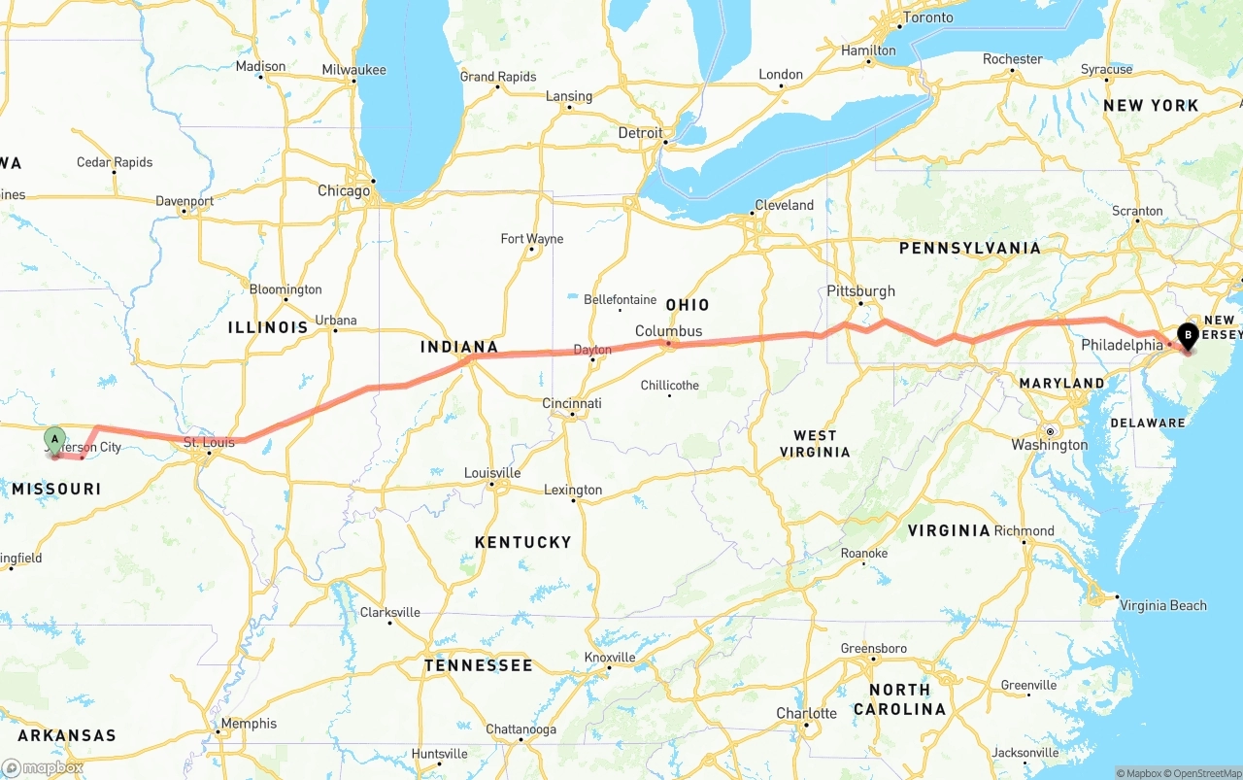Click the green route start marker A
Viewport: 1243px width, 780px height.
(55, 440)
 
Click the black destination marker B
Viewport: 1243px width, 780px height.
(1187, 336)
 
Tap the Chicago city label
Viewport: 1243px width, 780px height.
(344, 190)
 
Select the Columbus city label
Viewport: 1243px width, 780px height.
(668, 331)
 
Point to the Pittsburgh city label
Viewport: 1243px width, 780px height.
(860, 291)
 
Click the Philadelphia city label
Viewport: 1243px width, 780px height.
(1122, 345)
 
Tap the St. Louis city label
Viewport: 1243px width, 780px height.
(210, 443)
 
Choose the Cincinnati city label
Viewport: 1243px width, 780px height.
(572, 403)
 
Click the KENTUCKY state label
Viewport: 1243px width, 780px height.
(522, 542)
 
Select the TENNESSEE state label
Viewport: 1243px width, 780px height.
(478, 665)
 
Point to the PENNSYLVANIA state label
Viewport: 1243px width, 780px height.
(969, 249)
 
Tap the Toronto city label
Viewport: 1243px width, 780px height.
(928, 17)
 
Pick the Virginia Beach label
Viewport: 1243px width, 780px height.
(1162, 605)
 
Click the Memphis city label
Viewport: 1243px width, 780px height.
(249, 724)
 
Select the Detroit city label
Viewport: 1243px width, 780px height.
(641, 133)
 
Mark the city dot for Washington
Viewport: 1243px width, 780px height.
(1050, 431)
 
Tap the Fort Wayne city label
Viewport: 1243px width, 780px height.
(531, 239)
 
